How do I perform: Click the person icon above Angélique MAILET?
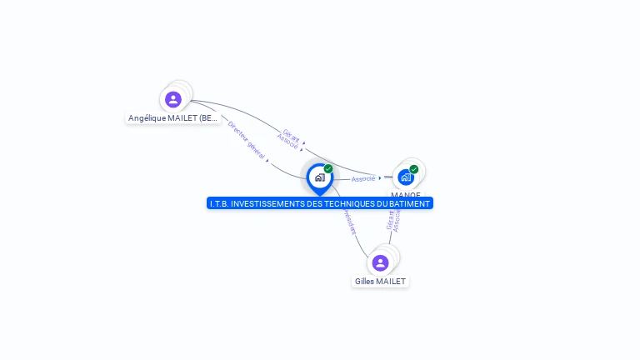173,100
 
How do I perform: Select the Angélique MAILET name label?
173,118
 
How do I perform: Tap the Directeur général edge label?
246,139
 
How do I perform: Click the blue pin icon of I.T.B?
320,177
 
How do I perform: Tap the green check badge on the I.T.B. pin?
328,169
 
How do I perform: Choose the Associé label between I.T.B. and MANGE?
363,179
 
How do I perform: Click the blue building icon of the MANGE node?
406,177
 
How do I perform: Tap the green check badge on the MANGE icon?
414,169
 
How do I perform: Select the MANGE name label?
406,195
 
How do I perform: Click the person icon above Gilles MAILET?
381,263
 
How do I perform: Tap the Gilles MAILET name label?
381,282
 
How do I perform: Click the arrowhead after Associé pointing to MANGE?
380,177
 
